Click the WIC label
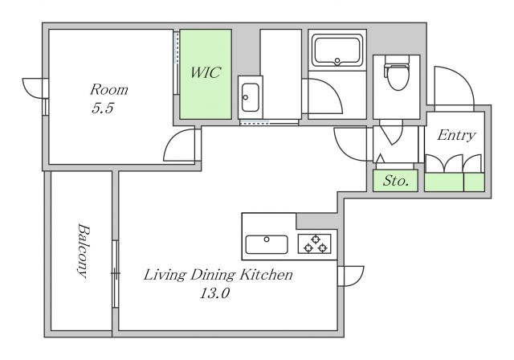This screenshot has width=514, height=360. coord(206,72)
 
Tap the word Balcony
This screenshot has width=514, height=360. coord(83,251)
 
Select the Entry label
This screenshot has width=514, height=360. coord(456,135)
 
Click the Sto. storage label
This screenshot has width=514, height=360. coord(396,180)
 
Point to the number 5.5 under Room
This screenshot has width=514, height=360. coord(103,108)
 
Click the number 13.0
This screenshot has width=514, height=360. coord(214,293)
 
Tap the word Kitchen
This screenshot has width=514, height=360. coord(266,275)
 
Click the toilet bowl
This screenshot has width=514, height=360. coord(398,76)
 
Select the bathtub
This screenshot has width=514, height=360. coord(337,51)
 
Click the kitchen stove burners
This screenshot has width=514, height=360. coord(315,243)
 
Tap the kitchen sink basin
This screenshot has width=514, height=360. coord(267,244)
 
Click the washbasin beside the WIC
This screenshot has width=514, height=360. coord(250,97)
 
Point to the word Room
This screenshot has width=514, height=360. coord(109,89)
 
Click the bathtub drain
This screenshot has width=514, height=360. coord(337,60)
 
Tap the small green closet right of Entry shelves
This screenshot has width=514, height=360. coord(474,182)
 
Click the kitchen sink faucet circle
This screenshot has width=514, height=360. coord(267,239)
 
